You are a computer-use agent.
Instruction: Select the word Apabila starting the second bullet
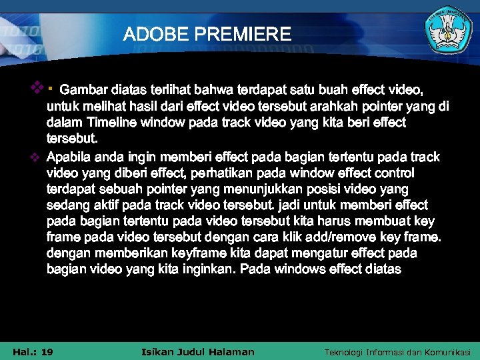[x=71, y=157]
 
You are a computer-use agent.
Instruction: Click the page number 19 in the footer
[x=47, y=352]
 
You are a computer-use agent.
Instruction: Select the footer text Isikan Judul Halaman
[x=199, y=352]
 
